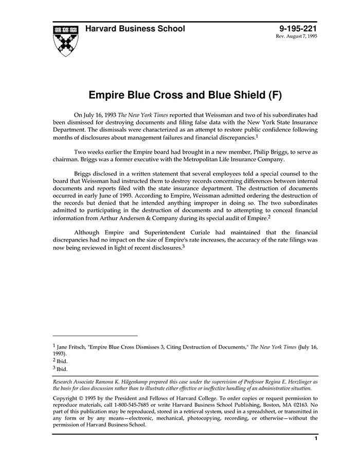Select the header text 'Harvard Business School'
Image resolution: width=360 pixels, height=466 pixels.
tap(135, 29)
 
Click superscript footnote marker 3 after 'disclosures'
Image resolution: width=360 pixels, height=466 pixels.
tap(183, 246)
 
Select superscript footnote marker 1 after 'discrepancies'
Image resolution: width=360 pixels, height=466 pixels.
tap(256, 136)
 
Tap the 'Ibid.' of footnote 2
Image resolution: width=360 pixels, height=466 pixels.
tap(62, 361)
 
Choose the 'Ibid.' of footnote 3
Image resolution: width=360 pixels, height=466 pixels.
tap(62, 369)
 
